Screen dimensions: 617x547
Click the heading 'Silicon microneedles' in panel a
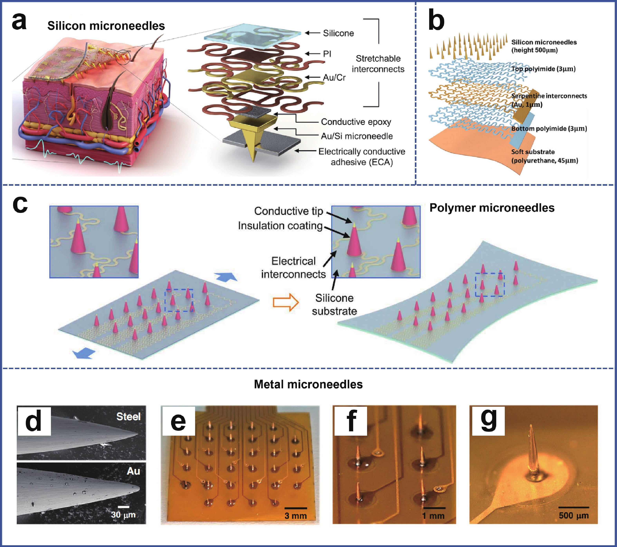click(x=106, y=26)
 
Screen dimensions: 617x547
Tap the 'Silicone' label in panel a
click(x=338, y=33)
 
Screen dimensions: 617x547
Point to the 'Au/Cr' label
click(x=334, y=77)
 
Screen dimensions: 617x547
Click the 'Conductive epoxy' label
click(x=356, y=122)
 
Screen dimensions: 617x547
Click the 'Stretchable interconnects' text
click(x=378, y=64)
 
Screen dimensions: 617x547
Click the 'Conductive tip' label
click(x=289, y=211)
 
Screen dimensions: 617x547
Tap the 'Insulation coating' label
click(x=280, y=226)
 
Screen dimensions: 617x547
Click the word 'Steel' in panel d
click(x=129, y=416)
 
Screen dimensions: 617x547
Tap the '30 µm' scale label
click(x=123, y=515)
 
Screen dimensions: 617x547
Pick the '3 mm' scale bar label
click(x=296, y=516)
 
